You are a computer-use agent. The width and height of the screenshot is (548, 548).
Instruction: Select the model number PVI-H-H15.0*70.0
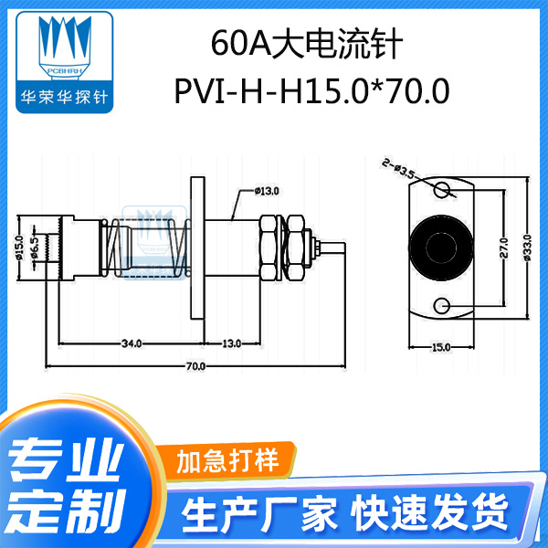click(306, 92)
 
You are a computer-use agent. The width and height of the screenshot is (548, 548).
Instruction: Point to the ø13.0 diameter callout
click(267, 191)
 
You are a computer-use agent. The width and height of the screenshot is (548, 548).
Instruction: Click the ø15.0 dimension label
click(20, 248)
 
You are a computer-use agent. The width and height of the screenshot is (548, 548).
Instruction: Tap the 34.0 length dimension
click(131, 343)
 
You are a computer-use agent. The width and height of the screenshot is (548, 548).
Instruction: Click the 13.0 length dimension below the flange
click(231, 343)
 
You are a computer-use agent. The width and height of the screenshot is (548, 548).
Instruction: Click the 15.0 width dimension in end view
click(440, 348)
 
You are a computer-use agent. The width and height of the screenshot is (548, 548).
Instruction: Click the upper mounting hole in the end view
click(443, 191)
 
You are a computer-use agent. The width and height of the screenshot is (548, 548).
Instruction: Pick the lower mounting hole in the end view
click(443, 303)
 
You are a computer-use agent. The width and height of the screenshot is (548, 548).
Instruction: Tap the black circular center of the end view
click(442, 247)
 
